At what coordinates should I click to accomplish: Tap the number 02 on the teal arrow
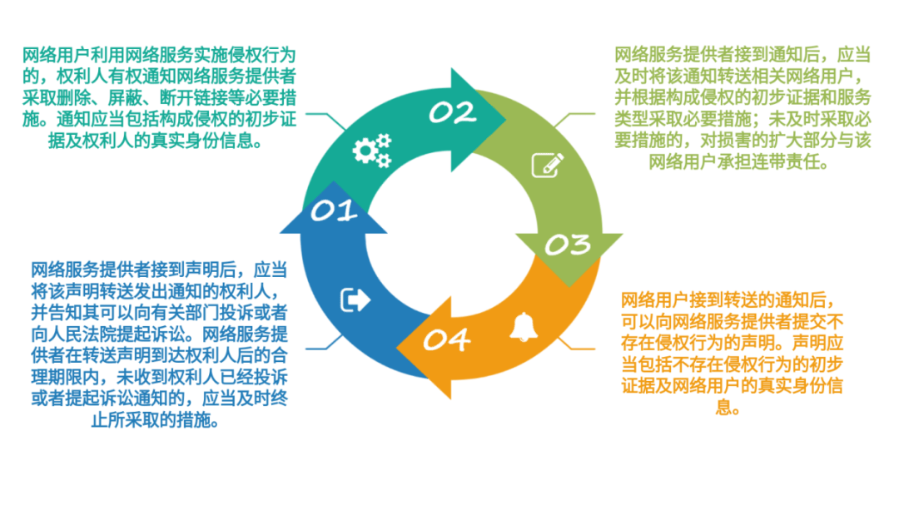coord(452,112)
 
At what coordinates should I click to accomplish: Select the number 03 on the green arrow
coord(568,245)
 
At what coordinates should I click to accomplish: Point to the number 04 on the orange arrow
coord(446,339)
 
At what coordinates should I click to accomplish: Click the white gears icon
coord(371,151)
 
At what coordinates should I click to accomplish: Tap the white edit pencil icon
coord(547,164)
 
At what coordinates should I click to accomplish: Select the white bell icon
coord(524,327)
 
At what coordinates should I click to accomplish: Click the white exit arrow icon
coord(355,300)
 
